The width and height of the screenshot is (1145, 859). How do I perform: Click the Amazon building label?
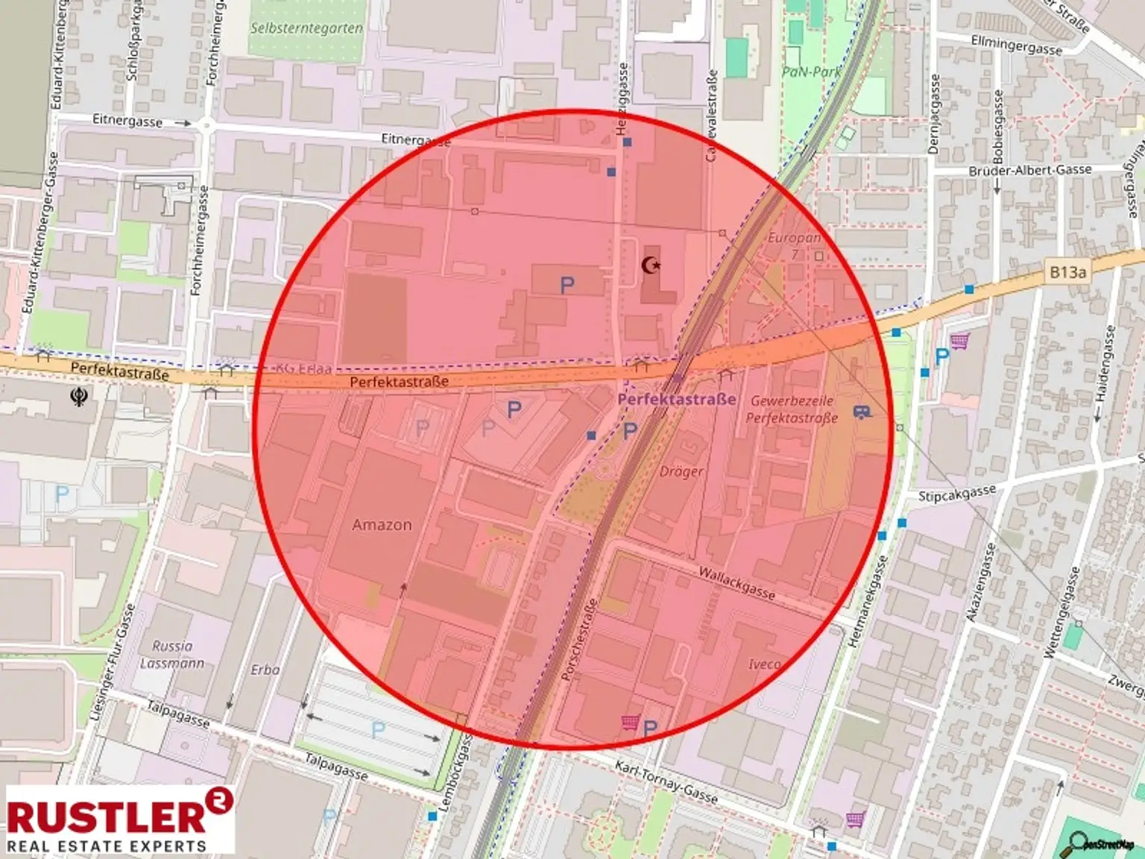(382, 525)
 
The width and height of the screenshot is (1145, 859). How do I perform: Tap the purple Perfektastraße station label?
(676, 399)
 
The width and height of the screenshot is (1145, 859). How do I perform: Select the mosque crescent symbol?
(652, 265)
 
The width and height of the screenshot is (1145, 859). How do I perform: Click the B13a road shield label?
(1067, 272)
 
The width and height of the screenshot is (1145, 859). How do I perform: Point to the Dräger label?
(681, 471)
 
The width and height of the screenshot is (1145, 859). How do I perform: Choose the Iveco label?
(765, 664)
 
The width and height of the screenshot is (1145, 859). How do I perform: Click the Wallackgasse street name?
(736, 582)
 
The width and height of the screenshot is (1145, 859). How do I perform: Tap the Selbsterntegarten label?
(306, 28)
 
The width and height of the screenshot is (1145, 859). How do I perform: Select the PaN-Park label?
(811, 72)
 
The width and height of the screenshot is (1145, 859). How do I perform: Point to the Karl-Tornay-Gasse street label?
(666, 781)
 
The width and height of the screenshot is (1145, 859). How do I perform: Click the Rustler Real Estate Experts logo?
(119, 819)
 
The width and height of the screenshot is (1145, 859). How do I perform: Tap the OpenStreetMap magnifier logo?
(1100, 843)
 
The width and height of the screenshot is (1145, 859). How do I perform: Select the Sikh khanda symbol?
(78, 395)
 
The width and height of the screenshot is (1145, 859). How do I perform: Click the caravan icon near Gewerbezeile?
(862, 411)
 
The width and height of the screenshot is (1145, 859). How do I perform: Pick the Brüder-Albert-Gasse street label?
(1029, 171)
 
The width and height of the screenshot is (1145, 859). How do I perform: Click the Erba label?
(265, 670)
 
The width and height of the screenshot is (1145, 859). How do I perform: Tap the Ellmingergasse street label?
(1016, 45)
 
